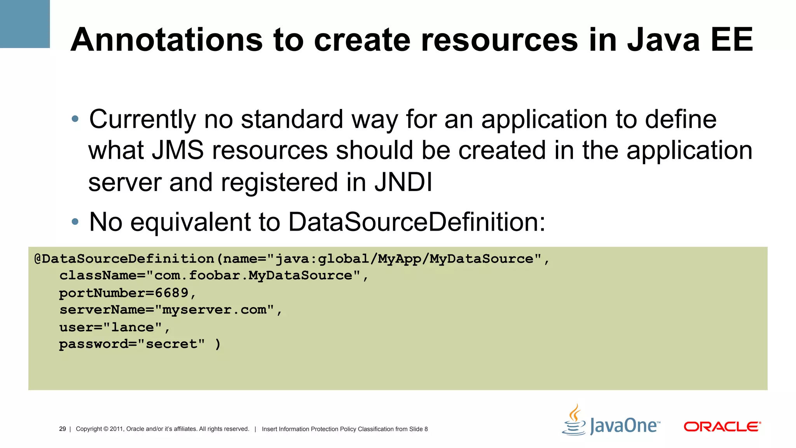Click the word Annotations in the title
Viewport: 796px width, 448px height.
(167, 40)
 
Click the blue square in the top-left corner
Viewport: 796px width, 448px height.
(24, 24)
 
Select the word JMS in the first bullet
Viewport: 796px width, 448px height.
(178, 150)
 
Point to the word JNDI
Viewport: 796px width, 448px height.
(403, 182)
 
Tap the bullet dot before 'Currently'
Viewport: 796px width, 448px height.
(75, 119)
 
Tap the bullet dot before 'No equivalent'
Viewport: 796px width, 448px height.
(75, 222)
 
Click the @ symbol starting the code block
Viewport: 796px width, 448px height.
(38, 259)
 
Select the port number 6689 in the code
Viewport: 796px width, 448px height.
(171, 293)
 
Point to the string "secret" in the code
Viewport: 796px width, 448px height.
(171, 344)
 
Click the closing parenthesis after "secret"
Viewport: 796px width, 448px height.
(218, 344)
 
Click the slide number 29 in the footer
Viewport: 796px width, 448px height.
(62, 429)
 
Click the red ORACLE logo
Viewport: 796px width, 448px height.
(722, 427)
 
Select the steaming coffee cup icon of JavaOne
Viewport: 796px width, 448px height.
(574, 421)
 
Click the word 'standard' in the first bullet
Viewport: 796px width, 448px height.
(292, 119)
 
